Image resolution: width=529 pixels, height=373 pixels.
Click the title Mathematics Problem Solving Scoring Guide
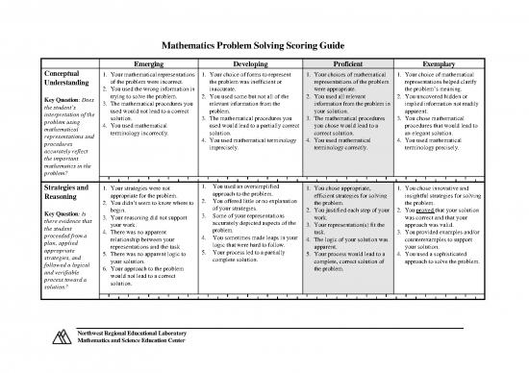coord(264,43)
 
